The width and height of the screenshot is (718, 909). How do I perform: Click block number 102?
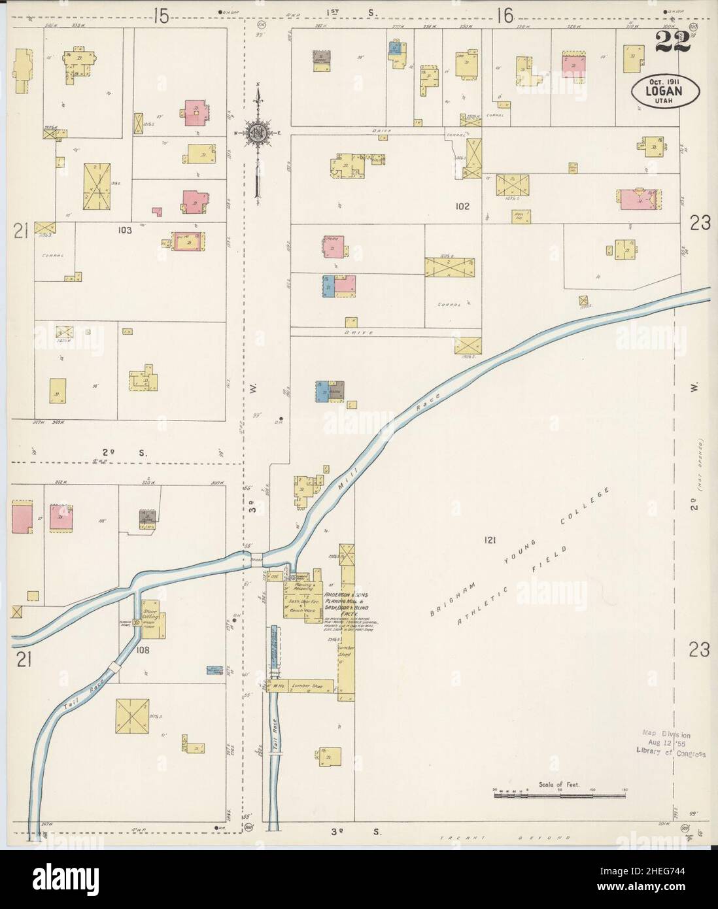463,206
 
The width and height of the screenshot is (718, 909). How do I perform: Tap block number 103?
125,230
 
